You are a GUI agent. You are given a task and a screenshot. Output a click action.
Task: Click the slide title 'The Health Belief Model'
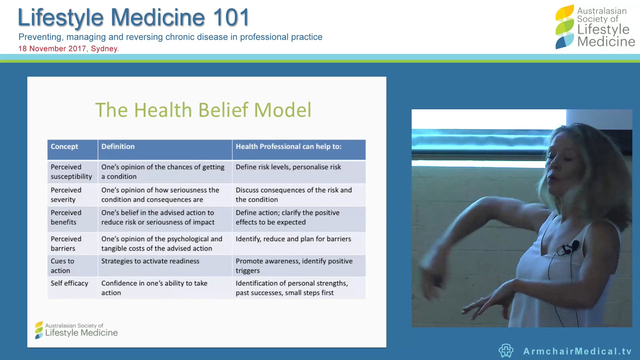coord(203,110)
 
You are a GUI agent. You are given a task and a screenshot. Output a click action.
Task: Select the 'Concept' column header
coord(64,147)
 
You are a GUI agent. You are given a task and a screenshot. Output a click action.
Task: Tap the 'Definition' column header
coord(118,147)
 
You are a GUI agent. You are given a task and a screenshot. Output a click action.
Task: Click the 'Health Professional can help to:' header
coord(288,147)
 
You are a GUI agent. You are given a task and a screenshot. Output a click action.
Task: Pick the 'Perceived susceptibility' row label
coord(71,172)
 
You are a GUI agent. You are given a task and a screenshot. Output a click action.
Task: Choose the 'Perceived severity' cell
coord(66,195)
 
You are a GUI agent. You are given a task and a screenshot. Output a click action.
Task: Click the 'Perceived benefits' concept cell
coord(66,217)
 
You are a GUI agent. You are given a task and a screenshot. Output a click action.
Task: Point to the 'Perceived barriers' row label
coord(66,244)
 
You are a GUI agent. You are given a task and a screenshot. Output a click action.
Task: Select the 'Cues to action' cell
coord(62,266)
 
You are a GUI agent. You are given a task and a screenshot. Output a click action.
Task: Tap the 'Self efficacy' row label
coord(69,283)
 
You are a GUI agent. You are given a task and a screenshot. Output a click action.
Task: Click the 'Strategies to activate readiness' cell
coord(150,261)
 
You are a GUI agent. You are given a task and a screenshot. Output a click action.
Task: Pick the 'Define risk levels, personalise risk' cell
coord(288,167)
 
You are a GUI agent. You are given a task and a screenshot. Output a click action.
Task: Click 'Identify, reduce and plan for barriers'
coord(293,239)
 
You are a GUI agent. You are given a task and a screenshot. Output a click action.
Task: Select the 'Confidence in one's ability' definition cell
coord(154,288)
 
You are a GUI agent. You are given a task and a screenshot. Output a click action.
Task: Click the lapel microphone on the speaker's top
coord(574,246)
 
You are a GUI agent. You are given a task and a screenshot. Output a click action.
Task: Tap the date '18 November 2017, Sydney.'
coord(69,49)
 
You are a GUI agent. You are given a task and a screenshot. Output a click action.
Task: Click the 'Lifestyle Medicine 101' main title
coord(134,17)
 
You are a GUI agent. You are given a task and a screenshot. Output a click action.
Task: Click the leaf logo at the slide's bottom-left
coord(39,330)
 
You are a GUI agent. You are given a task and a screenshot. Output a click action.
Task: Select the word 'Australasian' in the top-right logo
coord(602,11)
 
